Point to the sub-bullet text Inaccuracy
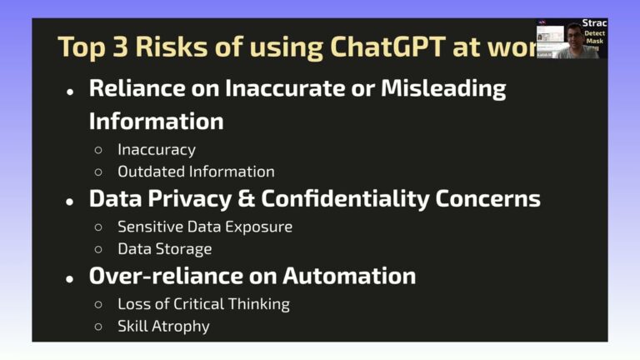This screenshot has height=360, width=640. [x=157, y=150]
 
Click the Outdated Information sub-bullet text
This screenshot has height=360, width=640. [x=196, y=172]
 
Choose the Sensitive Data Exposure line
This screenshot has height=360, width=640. [x=205, y=227]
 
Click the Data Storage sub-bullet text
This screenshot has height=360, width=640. [x=165, y=248]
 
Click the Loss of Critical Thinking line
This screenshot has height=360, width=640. [x=203, y=304]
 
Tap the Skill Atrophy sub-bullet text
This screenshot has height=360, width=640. [x=163, y=326]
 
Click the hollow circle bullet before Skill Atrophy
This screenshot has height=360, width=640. [x=98, y=327]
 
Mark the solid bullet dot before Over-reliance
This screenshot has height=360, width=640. [x=70, y=278]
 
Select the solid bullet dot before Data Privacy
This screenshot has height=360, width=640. [x=70, y=202]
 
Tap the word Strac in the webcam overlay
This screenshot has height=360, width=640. [x=595, y=23]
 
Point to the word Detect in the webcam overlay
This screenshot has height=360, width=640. [x=595, y=33]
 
